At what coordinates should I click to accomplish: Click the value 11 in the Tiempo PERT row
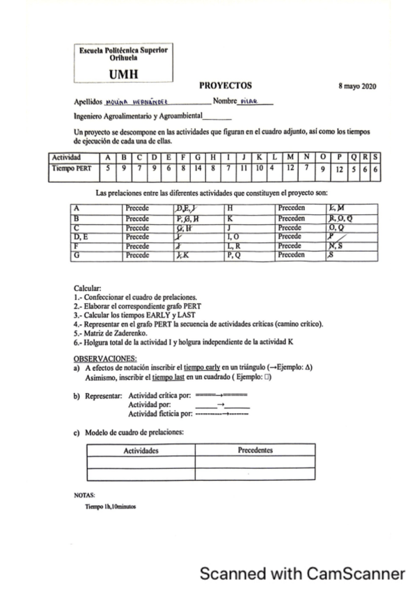pos(244,168)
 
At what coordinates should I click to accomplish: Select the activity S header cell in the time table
pos(375,157)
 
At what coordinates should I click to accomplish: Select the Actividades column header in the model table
pos(141,451)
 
